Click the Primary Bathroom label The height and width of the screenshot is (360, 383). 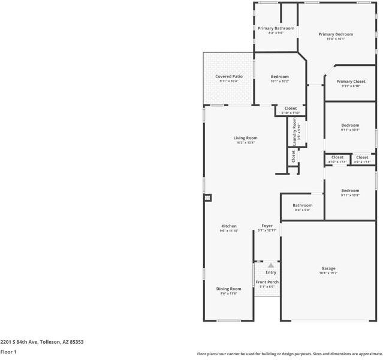(x=276, y=28)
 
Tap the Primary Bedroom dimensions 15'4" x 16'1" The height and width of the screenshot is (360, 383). (x=335, y=40)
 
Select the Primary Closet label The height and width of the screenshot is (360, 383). (x=351, y=81)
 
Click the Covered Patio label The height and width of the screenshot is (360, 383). (x=229, y=76)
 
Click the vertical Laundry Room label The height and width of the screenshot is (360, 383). (x=294, y=128)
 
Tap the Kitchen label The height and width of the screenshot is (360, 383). (x=228, y=226)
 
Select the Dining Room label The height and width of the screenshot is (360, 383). (x=228, y=289)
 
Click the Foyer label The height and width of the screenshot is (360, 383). (x=267, y=226)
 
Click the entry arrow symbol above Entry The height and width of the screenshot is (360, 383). (x=271, y=265)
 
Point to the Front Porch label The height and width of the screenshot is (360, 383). (x=267, y=282)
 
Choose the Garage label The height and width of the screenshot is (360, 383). (x=328, y=268)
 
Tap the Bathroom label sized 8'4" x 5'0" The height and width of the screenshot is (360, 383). (x=302, y=205)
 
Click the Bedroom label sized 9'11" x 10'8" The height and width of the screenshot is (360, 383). (x=350, y=190)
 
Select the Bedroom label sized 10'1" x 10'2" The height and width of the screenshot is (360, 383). (x=279, y=76)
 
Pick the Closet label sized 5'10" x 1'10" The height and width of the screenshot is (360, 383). (x=290, y=108)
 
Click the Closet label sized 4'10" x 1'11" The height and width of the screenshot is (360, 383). (x=337, y=157)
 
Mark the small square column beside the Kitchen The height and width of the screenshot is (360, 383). (x=207, y=197)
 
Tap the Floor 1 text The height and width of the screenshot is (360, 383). (x=8, y=352)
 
